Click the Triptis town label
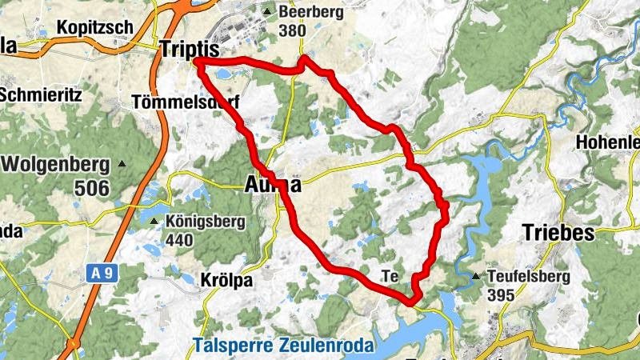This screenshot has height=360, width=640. click(190, 47)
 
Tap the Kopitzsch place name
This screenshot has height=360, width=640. click(94, 27)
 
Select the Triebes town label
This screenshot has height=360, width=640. click(558, 233)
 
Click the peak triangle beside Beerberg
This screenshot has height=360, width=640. click(267, 12)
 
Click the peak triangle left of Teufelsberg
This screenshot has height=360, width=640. click(478, 277)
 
